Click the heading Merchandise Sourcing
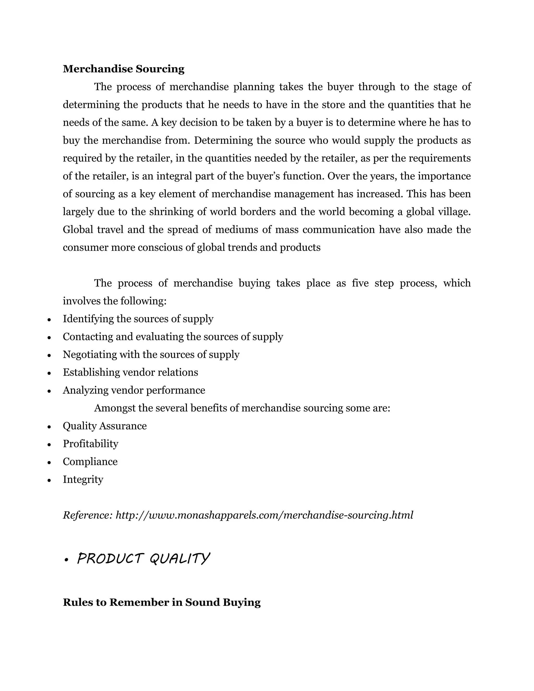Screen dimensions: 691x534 (123, 69)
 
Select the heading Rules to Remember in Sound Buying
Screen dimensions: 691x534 (162, 602)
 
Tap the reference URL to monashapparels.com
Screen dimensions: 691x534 (264, 515)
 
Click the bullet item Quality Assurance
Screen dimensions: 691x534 (105, 426)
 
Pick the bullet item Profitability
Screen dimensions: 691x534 (90, 444)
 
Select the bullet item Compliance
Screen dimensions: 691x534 (90, 462)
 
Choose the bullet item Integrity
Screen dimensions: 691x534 (83, 479)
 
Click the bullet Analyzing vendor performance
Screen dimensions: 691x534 (134, 390)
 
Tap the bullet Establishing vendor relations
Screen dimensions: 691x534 (130, 372)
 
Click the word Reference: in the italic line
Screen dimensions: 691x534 (88, 515)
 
